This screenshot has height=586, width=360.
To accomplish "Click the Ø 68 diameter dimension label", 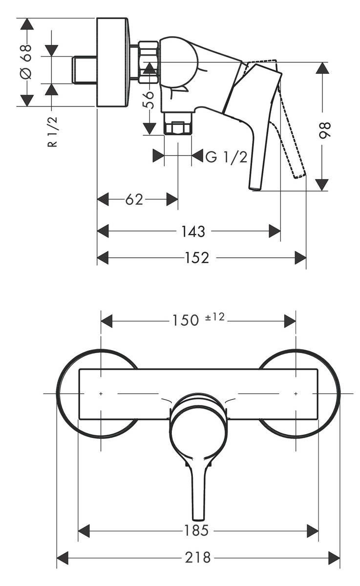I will point(26,62).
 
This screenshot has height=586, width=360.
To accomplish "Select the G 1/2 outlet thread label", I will point(226,157).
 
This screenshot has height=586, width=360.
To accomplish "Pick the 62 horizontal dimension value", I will point(134,199).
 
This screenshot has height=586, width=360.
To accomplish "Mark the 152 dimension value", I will point(198,257).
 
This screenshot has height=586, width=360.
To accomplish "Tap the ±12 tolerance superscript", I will point(215,317).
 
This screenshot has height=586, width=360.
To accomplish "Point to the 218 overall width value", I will point(198,557).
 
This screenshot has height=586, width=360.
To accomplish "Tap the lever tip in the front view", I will point(198,515).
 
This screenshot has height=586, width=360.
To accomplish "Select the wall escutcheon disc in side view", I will point(113,62).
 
